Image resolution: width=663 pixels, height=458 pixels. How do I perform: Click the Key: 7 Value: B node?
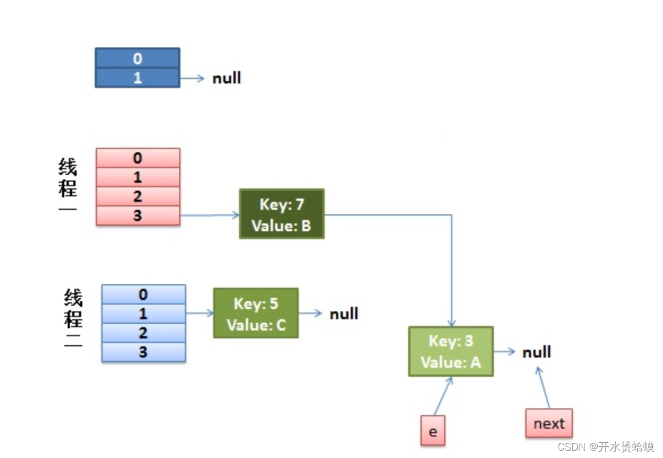tap(282, 214)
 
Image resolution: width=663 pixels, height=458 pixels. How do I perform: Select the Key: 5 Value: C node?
tap(256, 314)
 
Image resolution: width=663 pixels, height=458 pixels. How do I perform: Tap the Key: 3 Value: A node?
tap(451, 351)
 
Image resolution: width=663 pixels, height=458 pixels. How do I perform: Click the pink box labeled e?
tap(433, 430)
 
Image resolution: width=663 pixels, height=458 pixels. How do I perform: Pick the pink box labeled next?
tap(549, 423)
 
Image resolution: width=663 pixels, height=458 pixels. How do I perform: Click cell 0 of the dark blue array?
tap(138, 58)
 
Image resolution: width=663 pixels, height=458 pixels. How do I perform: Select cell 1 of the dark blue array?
tap(138, 78)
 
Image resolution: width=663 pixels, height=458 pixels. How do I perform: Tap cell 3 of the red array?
tap(138, 215)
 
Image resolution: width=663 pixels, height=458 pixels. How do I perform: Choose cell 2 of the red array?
tap(138, 196)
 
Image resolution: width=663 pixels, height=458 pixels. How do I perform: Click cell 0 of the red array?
tap(138, 158)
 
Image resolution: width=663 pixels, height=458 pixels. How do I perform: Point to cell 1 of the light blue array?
tap(143, 314)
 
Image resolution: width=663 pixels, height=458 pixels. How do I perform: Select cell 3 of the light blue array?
tap(143, 352)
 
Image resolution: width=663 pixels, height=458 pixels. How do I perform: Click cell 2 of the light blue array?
tap(143, 333)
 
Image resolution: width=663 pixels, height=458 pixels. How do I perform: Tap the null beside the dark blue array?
tap(227, 78)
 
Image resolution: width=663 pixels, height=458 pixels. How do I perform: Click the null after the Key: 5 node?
tap(344, 314)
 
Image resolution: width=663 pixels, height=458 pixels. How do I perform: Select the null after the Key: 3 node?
tap(537, 352)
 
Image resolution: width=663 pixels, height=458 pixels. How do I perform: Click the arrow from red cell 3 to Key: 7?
tap(210, 215)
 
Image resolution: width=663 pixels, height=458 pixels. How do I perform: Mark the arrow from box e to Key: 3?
tap(443, 397)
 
